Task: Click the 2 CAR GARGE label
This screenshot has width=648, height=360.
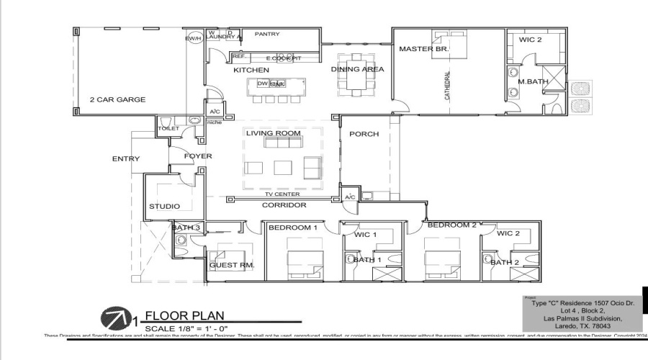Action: [x=117, y=99]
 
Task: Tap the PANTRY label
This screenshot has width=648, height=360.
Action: [x=267, y=34]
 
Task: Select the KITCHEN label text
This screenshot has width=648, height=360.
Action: [x=251, y=70]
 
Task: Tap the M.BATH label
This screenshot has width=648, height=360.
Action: [x=533, y=81]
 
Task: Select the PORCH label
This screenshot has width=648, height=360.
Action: [x=364, y=134]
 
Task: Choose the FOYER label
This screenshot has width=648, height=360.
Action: [x=197, y=156]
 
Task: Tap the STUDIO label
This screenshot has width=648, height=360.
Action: [x=164, y=207]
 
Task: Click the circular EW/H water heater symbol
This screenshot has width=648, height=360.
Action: [x=193, y=38]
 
